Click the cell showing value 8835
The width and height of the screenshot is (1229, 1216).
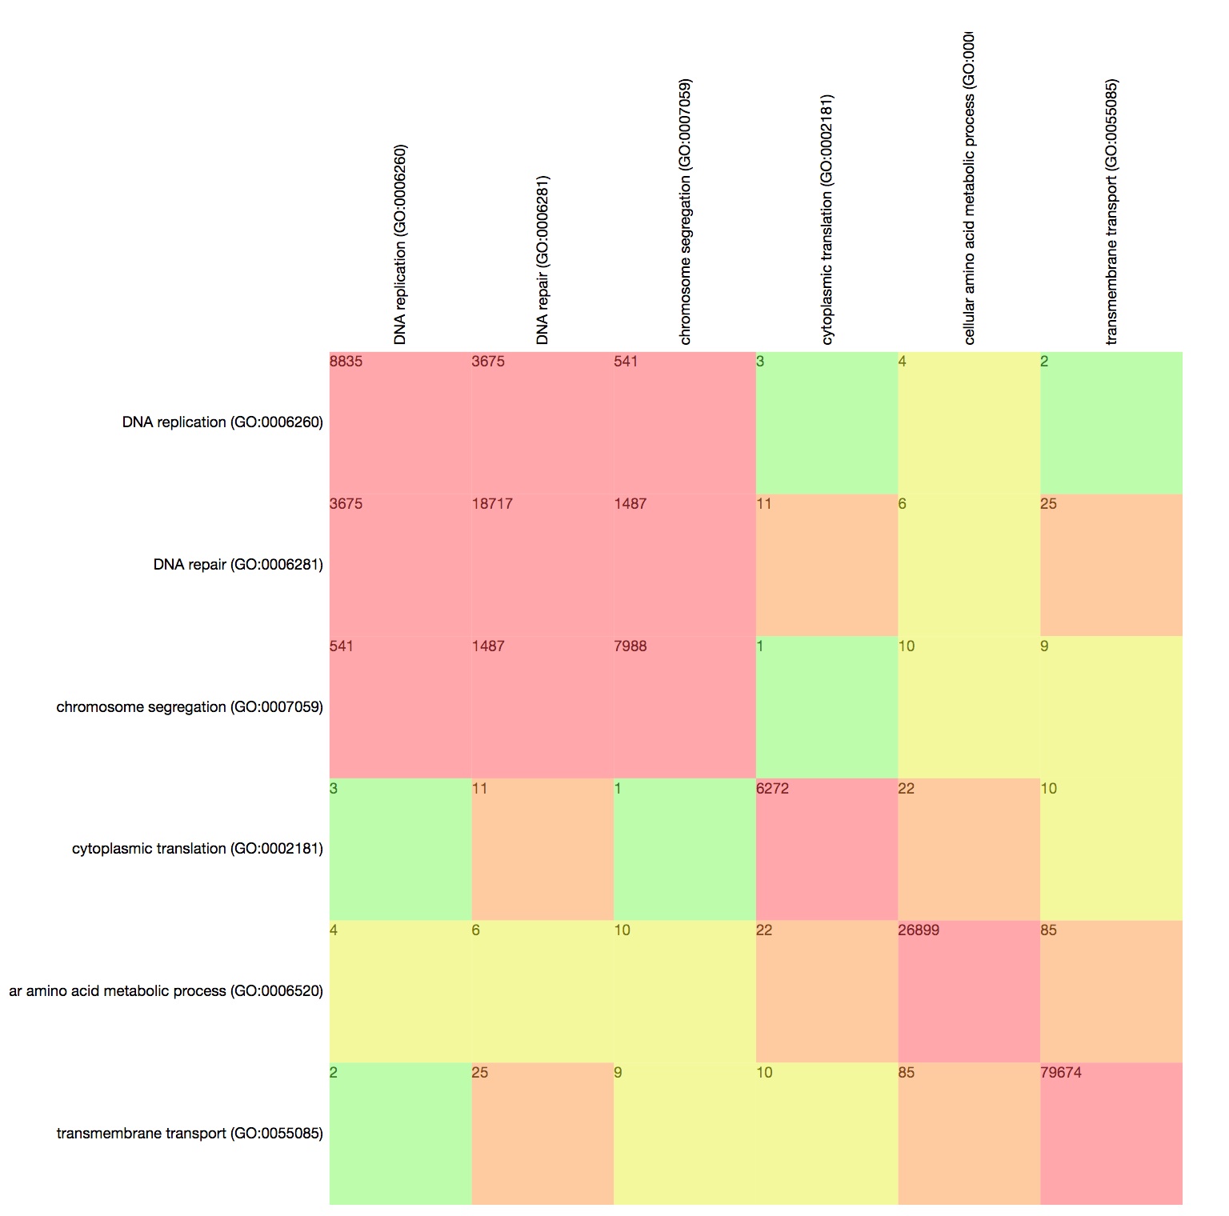point(400,422)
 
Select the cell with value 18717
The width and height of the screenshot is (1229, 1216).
point(542,565)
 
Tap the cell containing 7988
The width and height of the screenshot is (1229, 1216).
point(684,707)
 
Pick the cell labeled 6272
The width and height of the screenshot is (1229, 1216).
point(827,849)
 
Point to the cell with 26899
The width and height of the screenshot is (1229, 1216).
point(969,991)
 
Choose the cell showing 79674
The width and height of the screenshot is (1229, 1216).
point(1111,1134)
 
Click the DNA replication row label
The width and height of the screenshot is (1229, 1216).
point(222,422)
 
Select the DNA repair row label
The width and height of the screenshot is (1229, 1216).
point(238,565)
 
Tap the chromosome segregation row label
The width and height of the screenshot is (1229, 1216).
point(190,707)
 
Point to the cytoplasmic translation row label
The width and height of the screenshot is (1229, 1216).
point(198,849)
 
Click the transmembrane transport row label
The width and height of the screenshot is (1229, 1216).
point(190,1134)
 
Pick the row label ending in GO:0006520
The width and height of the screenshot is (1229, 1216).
point(166,991)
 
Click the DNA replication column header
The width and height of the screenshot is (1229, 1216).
point(401,244)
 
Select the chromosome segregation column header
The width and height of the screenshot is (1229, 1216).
point(685,212)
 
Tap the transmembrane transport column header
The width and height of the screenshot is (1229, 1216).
point(1111,212)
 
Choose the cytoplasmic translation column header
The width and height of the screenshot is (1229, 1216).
point(827,220)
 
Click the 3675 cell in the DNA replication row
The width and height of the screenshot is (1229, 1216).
point(542,422)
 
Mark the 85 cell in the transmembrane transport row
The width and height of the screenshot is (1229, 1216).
point(969,1134)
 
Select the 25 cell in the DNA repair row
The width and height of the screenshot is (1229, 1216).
point(1111,565)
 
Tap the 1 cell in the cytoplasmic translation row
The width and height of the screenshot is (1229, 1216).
point(684,849)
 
